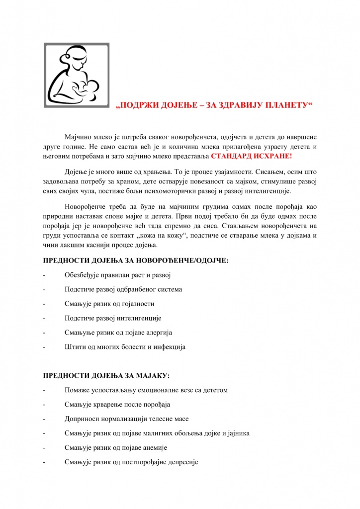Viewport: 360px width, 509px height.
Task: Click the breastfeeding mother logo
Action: [77, 75]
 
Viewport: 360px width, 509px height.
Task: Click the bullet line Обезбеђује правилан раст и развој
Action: [117, 275]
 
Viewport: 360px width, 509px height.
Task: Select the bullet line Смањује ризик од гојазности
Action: [109, 304]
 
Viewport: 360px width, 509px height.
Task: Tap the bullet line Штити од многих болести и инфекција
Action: [125, 347]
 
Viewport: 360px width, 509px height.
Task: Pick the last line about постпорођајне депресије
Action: [131, 462]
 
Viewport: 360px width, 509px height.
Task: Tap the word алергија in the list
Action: [158, 333]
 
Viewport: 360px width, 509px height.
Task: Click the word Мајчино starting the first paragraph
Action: [77, 137]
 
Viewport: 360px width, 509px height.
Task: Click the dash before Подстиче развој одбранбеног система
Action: [45, 289]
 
